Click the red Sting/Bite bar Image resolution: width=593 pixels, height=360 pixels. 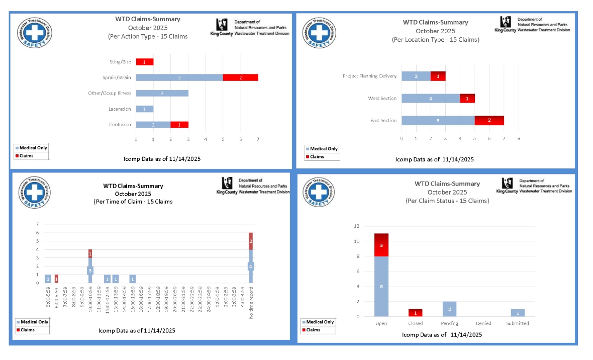[x=144, y=62]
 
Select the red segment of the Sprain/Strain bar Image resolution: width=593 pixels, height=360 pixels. [x=240, y=77]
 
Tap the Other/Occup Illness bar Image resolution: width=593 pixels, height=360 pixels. [x=162, y=93]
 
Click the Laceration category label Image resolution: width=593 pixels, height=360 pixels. [x=120, y=109]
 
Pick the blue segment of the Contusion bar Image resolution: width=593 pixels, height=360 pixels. [x=153, y=125]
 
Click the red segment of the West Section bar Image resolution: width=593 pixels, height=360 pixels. [x=467, y=99]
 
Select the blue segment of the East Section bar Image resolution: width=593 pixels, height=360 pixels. [x=438, y=121]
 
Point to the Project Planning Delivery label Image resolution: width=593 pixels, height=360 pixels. [x=369, y=76]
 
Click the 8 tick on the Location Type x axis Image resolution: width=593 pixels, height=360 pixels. [x=519, y=138]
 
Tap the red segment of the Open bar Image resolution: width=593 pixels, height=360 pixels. [x=381, y=245]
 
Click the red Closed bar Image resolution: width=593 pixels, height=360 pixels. [x=415, y=312]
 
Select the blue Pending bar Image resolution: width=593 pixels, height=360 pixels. [x=449, y=309]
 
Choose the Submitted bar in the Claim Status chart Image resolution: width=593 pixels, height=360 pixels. [x=518, y=313]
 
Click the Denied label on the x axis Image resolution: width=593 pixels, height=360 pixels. [x=483, y=323]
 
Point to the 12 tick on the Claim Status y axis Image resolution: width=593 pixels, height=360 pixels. [x=370, y=226]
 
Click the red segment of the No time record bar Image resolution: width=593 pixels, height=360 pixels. [x=250, y=241]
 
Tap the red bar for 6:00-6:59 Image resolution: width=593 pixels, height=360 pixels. [x=56, y=279]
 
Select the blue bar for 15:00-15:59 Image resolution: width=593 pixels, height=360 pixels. [x=132, y=279]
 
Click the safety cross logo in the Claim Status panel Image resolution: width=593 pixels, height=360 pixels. [x=320, y=194]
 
